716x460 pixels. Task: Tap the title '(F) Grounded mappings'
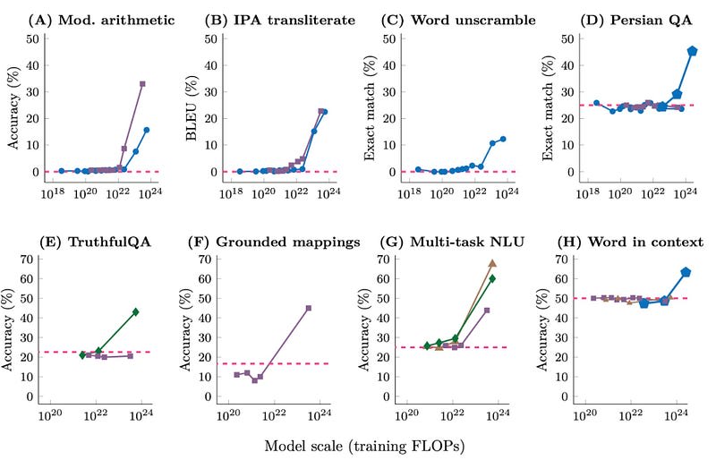(x=272, y=242)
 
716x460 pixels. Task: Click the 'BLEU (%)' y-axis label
(x=191, y=106)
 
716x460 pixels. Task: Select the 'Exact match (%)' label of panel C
(x=370, y=106)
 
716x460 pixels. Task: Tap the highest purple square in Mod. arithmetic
(x=142, y=83)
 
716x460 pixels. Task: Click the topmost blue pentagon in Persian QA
(x=692, y=51)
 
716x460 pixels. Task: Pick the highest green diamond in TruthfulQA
(x=135, y=311)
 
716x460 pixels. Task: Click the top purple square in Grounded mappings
(x=309, y=308)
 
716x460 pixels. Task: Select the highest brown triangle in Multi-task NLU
(x=492, y=263)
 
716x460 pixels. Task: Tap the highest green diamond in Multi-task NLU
(x=492, y=278)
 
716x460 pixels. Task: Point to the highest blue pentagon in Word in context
(x=686, y=272)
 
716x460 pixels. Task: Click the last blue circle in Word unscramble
(x=503, y=139)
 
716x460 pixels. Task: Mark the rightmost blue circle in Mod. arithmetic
(x=146, y=130)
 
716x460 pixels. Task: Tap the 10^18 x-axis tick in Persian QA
(x=587, y=192)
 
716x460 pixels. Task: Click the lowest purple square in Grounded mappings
(x=254, y=380)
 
